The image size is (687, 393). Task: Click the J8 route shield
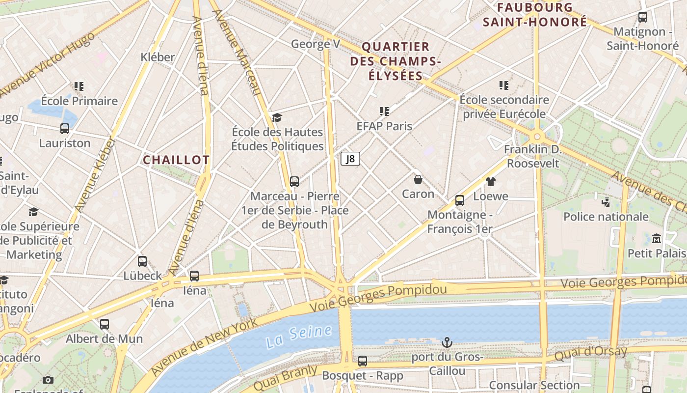tap(350, 159)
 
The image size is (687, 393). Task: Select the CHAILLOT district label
tap(176, 160)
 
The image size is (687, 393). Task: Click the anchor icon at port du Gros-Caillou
tap(447, 342)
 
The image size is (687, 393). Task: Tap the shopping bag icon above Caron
tap(418, 179)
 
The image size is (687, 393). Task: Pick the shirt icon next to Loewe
tap(490, 182)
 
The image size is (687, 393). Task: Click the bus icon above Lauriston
tap(65, 129)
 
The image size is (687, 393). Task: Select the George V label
tap(315, 44)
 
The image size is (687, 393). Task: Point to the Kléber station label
tap(158, 57)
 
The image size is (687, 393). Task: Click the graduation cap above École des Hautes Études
tap(277, 117)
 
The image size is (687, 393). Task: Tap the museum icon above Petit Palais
tap(657, 239)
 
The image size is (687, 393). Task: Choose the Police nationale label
tap(606, 217)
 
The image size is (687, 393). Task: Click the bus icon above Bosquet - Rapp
tap(362, 361)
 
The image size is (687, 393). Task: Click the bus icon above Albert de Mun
tap(104, 324)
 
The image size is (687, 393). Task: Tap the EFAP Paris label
tap(384, 126)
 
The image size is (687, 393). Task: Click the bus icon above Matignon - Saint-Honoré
tap(643, 17)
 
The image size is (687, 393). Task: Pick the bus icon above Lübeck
tap(142, 261)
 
